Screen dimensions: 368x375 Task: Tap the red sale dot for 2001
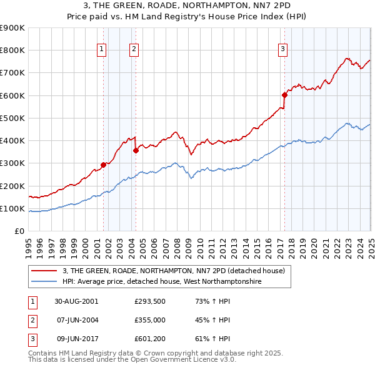pyautogui.click(x=104, y=165)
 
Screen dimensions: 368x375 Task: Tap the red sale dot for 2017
pyautogui.click(x=284, y=95)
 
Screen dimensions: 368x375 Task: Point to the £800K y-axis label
pyautogui.click(x=12, y=51)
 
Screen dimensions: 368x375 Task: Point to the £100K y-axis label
pyautogui.click(x=12, y=208)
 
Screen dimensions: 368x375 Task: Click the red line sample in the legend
pyautogui.click(x=44, y=271)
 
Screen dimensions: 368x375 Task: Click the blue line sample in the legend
pyautogui.click(x=44, y=282)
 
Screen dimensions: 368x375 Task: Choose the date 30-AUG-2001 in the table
pyautogui.click(x=76, y=301)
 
